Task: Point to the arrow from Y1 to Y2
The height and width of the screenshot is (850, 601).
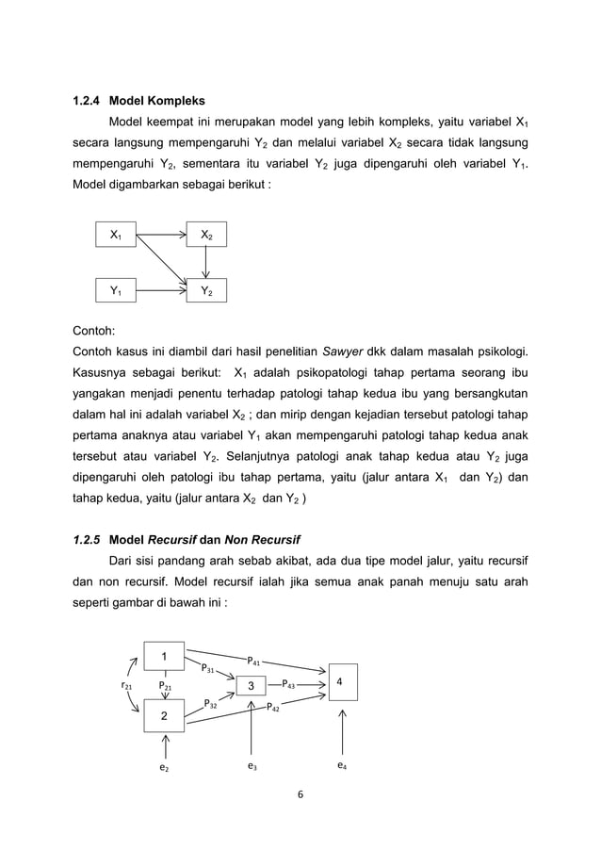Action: click(160, 292)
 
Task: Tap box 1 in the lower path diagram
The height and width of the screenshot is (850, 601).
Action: click(164, 655)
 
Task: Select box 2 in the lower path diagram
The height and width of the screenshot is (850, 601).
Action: click(164, 716)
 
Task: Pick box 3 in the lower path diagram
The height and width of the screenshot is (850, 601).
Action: click(252, 686)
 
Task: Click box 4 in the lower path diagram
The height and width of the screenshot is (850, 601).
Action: click(341, 681)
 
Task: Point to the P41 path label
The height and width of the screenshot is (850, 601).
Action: click(254, 662)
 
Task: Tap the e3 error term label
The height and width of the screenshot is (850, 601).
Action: click(252, 767)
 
